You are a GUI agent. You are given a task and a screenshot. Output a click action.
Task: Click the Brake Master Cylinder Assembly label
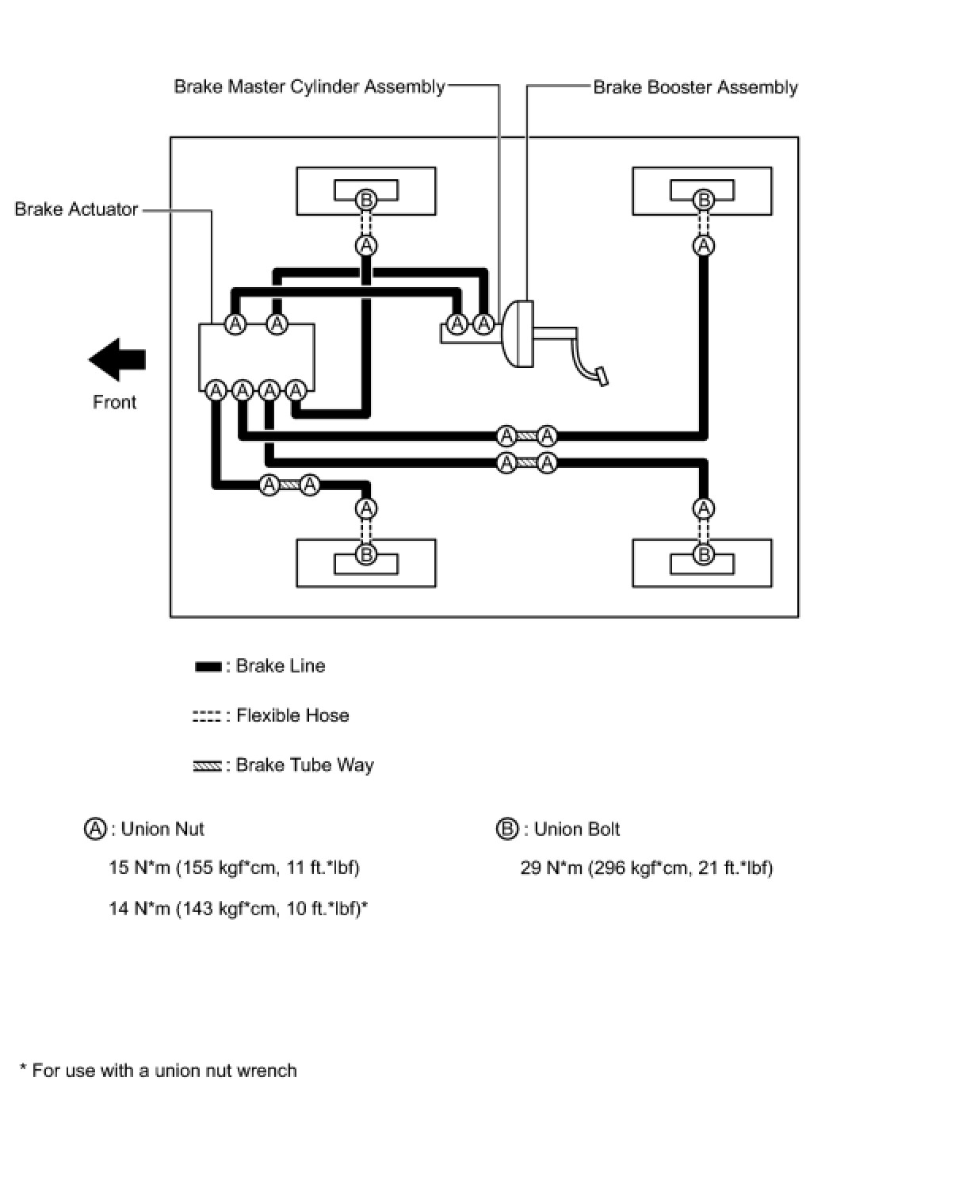[309, 87]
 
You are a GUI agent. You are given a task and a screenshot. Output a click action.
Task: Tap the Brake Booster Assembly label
[695, 87]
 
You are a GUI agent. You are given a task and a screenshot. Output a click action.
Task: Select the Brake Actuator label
[76, 209]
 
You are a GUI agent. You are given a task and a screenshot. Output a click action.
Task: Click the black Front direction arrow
[117, 360]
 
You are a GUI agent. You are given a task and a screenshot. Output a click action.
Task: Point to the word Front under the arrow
[114, 402]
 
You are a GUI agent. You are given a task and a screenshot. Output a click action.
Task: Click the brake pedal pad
[602, 376]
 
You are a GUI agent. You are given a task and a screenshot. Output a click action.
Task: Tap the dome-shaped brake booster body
[518, 334]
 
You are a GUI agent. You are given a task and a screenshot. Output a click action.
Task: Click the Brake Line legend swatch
[208, 666]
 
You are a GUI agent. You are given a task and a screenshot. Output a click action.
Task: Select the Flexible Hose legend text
[292, 715]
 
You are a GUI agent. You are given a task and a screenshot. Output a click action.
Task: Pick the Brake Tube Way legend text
[305, 765]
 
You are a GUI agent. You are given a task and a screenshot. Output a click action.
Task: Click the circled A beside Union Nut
[95, 829]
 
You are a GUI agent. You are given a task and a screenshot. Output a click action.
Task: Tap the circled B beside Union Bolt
[507, 829]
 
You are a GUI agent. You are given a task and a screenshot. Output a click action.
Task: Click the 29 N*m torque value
[647, 868]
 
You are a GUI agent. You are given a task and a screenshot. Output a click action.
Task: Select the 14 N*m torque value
[238, 909]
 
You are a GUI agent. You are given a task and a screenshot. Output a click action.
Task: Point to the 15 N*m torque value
[234, 868]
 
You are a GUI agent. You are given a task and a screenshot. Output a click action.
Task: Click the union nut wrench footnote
[159, 1071]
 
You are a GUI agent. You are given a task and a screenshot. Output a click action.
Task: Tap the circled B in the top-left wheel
[366, 200]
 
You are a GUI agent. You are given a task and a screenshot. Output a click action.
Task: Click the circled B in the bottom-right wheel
[703, 554]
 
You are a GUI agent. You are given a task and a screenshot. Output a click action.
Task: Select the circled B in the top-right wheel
[703, 200]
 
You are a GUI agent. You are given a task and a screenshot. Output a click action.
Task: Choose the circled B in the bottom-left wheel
[366, 554]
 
